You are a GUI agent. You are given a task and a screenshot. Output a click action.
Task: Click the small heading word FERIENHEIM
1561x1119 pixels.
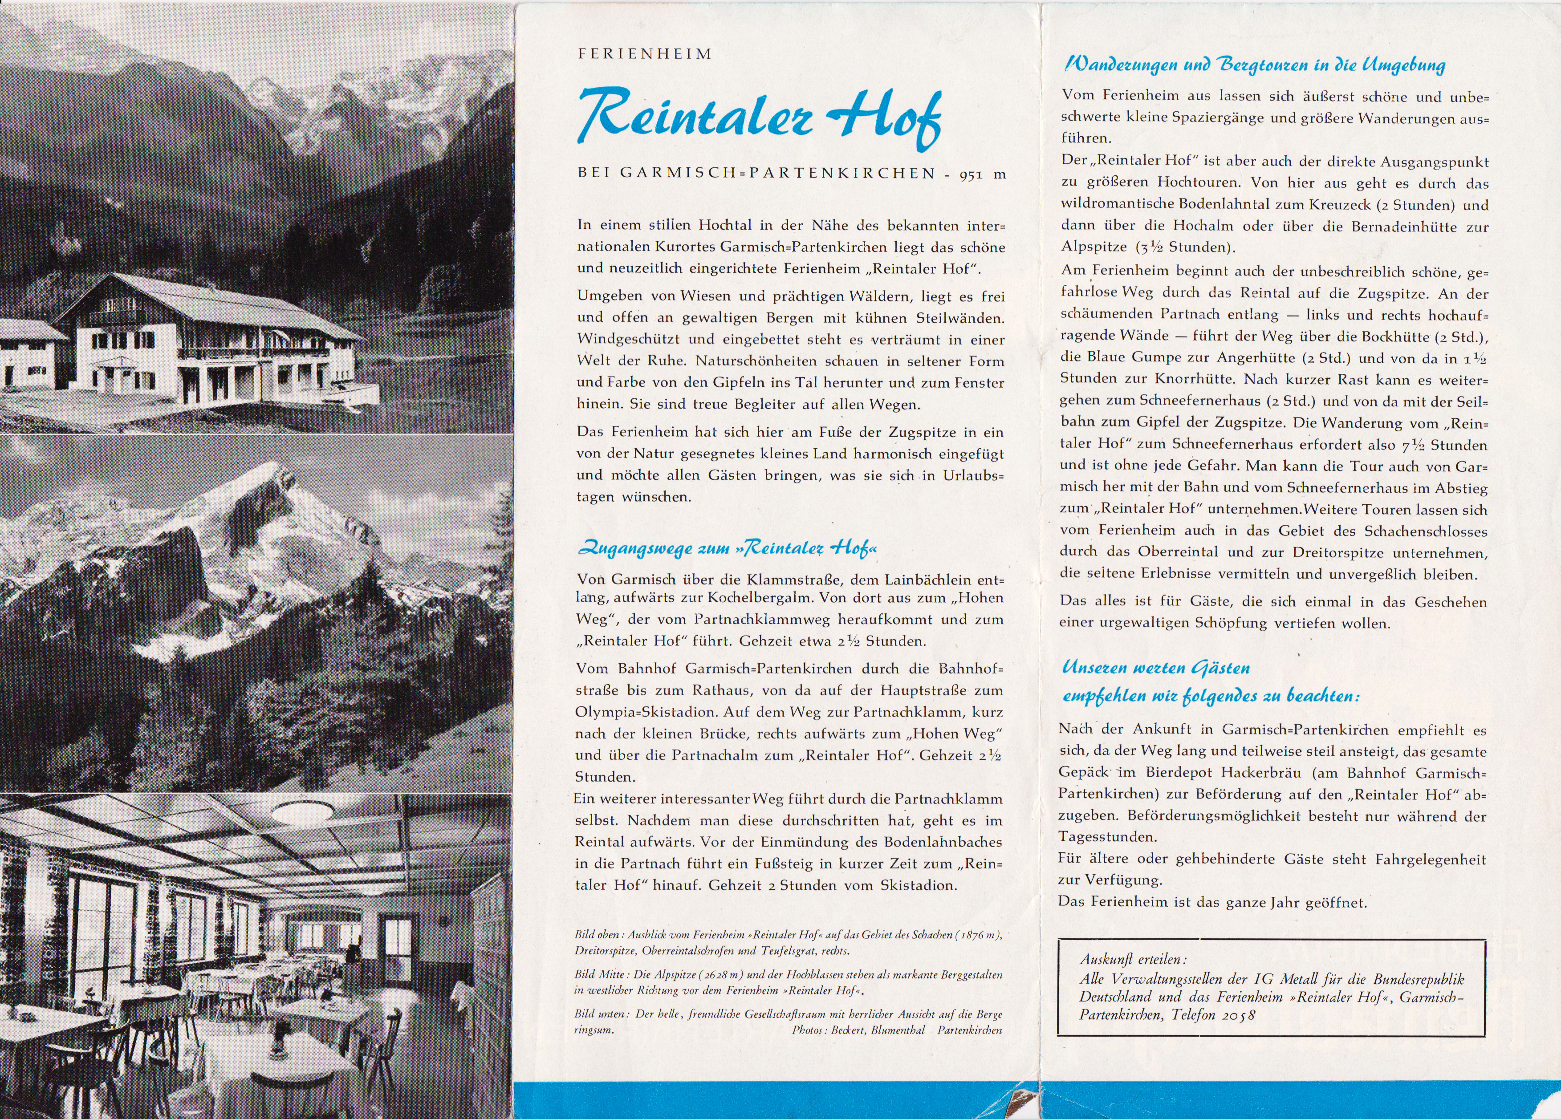click(x=645, y=54)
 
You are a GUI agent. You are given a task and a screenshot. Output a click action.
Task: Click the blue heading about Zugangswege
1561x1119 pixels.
click(x=728, y=548)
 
